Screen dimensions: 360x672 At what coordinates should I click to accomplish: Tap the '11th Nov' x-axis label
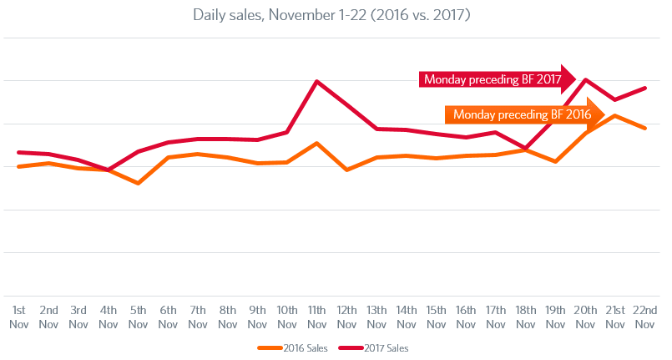[316, 316]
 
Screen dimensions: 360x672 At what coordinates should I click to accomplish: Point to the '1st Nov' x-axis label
[19, 316]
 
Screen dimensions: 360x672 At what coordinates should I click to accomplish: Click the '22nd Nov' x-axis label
[644, 316]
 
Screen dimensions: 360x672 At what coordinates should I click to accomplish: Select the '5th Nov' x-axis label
[138, 316]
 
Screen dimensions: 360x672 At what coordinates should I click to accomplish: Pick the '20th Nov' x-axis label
[584, 316]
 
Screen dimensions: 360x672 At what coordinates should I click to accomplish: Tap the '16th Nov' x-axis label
[465, 316]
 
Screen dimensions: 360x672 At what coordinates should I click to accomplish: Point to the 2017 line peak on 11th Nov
[316, 81]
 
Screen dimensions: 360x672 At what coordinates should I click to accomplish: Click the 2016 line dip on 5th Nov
[138, 183]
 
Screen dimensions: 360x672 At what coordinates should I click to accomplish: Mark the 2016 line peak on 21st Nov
[614, 115]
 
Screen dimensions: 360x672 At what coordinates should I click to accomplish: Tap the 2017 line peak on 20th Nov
[585, 79]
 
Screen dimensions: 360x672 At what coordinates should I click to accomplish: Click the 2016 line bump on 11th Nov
[316, 143]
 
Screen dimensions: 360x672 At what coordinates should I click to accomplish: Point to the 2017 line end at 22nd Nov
[644, 88]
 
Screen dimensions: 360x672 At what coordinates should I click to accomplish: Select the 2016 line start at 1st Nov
[19, 167]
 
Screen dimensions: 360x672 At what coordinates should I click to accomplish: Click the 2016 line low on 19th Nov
[555, 161]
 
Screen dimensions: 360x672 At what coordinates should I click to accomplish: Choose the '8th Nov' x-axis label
[227, 316]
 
